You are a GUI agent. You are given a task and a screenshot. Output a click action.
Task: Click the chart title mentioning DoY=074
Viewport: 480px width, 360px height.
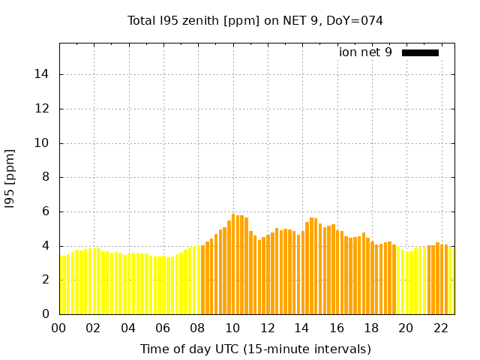(255, 20)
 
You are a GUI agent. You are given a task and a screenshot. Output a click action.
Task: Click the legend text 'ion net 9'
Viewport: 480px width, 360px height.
(365, 52)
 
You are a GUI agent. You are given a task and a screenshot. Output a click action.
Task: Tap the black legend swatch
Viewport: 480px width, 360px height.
(420, 52)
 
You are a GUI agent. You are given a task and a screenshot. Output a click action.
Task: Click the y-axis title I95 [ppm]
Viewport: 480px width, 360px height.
(10, 178)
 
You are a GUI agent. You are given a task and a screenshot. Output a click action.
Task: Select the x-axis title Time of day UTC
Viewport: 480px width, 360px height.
(255, 349)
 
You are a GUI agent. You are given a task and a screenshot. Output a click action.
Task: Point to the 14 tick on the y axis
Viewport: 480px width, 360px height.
(43, 74)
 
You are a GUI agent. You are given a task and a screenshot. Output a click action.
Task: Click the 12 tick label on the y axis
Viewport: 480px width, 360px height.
(43, 109)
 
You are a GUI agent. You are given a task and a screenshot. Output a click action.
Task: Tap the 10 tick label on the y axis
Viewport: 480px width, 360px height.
(43, 143)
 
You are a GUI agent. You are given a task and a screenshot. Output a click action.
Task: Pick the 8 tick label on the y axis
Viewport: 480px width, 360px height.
(46, 178)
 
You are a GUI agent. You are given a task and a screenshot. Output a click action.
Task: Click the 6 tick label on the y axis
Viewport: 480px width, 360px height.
(46, 211)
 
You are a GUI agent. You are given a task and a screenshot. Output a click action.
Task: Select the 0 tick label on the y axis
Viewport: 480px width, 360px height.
(46, 314)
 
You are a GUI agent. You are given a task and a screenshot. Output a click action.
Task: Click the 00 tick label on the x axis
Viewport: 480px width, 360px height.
(59, 328)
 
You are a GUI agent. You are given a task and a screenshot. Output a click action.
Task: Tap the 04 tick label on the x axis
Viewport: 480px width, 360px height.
(128, 328)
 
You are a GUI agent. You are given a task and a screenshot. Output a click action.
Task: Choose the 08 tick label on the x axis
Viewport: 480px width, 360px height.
(198, 328)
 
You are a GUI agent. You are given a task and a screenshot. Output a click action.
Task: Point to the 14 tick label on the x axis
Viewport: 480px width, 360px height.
(301, 328)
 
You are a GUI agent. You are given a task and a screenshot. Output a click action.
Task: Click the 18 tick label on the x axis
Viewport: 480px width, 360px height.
(371, 328)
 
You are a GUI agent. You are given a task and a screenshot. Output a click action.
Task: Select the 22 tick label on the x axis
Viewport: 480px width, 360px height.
(440, 328)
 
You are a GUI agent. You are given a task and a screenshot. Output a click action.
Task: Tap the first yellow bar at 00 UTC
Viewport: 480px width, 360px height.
(61, 285)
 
